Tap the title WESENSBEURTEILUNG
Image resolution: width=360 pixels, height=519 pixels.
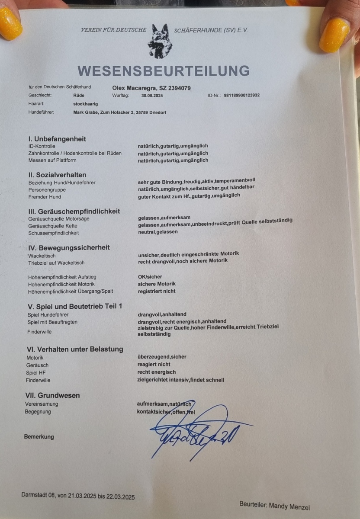164,70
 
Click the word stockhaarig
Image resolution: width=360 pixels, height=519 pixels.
86,104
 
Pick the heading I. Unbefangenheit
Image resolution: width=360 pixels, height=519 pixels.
57,139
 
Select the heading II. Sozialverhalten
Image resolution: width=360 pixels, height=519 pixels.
57,175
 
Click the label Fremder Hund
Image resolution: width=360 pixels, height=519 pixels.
45,197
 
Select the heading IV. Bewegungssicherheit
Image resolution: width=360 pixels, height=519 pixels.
69,247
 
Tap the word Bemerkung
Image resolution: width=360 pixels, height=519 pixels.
39,437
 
